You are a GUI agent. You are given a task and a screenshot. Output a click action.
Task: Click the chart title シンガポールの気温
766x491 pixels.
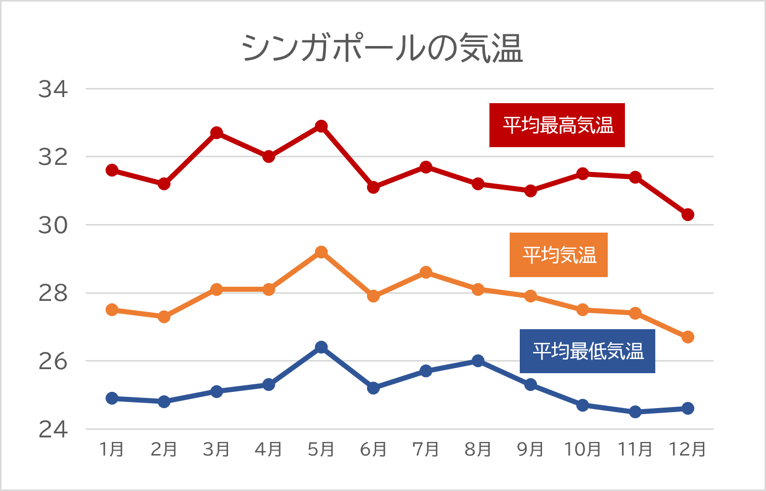(382, 49)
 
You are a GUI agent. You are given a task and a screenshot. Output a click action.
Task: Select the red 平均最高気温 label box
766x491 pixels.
(557, 125)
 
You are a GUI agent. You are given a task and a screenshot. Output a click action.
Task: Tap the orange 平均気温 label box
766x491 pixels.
(558, 255)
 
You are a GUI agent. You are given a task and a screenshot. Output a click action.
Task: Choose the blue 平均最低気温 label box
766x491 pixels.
(587, 351)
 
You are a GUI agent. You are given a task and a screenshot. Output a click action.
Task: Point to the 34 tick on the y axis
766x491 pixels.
(53, 90)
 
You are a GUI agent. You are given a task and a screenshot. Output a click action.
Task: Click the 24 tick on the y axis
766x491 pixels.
(53, 430)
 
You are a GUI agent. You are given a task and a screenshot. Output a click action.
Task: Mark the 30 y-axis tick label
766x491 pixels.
(53, 226)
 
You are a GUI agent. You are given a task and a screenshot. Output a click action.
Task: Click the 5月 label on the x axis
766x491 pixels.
(321, 449)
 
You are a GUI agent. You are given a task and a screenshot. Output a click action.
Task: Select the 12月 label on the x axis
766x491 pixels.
(687, 449)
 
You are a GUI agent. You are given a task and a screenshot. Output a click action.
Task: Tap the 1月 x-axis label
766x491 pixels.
(112, 449)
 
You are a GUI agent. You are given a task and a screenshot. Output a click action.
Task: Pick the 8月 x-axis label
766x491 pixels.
(478, 449)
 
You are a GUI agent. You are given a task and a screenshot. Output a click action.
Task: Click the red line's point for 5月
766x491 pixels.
(321, 126)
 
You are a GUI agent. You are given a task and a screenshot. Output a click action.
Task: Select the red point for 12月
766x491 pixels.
(688, 215)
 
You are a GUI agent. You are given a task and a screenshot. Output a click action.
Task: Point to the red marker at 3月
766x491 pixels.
(216, 133)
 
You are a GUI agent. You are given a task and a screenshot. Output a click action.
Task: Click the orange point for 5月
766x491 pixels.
(321, 252)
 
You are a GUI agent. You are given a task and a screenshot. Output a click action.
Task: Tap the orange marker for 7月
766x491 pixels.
(426, 273)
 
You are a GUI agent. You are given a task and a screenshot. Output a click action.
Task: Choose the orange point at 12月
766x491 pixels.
(688, 337)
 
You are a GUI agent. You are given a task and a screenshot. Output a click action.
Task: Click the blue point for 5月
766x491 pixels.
(321, 347)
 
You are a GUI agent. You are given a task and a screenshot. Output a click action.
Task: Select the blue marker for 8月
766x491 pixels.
(478, 361)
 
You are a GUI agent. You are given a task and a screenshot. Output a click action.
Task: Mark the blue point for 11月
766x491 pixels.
(635, 412)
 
